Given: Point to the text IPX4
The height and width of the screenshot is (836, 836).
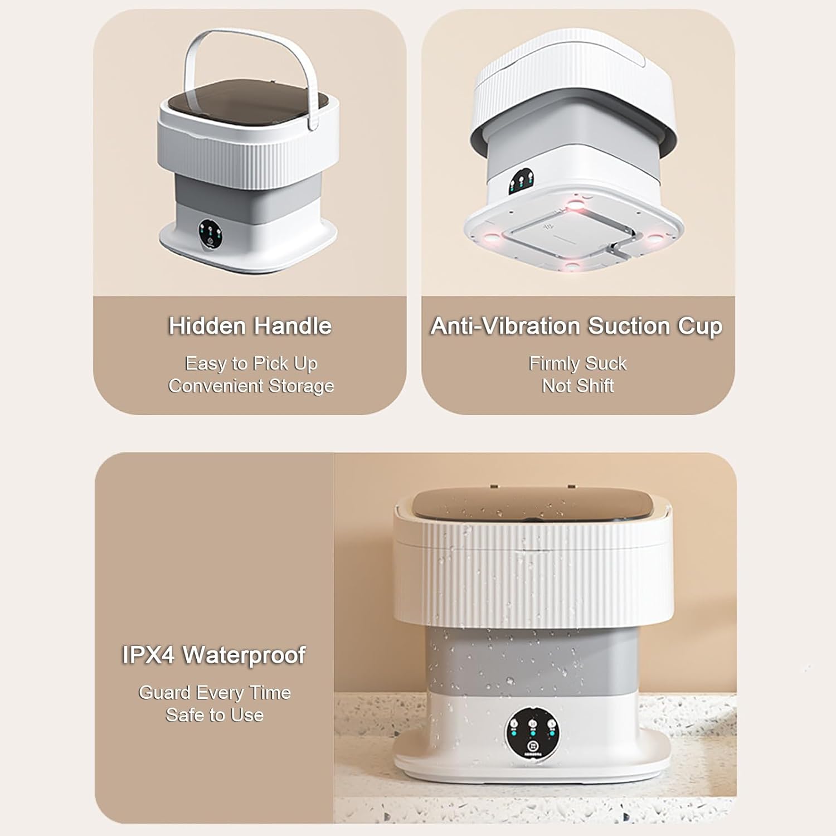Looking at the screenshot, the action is pyautogui.click(x=148, y=655).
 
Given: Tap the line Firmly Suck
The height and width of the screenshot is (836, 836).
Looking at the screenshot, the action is pyautogui.click(x=578, y=363).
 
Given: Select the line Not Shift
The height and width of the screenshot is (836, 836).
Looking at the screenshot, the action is pyautogui.click(x=578, y=386).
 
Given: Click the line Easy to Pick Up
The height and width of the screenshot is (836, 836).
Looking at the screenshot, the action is pyautogui.click(x=251, y=364).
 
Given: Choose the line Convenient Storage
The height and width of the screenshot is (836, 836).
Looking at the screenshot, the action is pyautogui.click(x=251, y=386).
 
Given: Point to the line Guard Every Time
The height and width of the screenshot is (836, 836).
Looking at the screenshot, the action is pyautogui.click(x=215, y=693).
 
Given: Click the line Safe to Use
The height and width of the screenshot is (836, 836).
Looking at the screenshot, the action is pyautogui.click(x=215, y=715).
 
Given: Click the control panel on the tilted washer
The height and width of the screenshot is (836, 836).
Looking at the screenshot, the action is pyautogui.click(x=522, y=183).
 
